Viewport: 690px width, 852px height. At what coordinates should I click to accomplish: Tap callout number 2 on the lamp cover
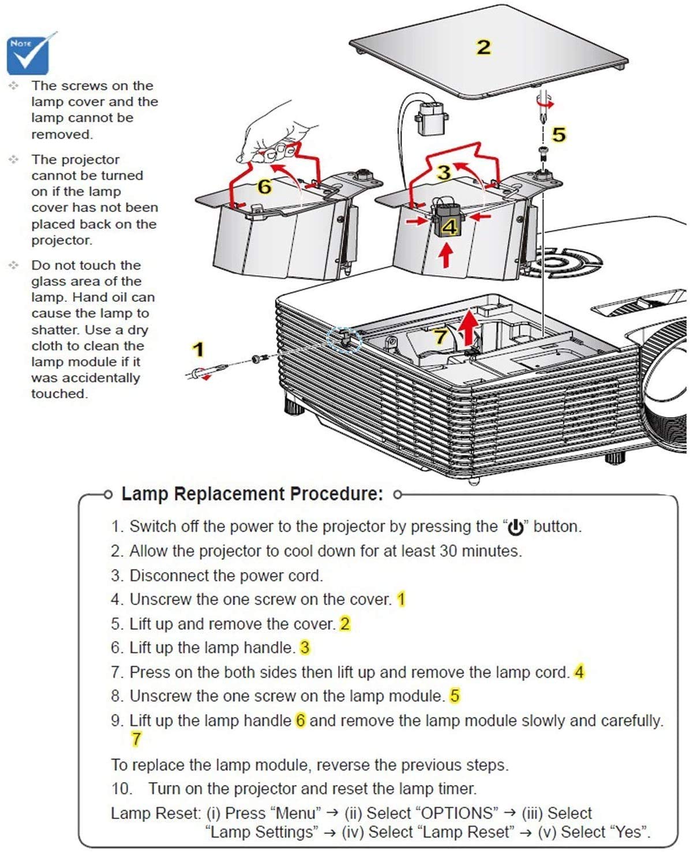(483, 47)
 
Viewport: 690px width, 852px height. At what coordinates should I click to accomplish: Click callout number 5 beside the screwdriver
(558, 134)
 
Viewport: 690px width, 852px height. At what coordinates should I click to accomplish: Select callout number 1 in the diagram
(198, 349)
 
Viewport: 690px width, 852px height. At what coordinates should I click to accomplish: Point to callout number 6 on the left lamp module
(264, 186)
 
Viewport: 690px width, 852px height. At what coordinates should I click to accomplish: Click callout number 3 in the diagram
(443, 172)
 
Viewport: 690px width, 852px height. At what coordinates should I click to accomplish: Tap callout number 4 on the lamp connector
(449, 226)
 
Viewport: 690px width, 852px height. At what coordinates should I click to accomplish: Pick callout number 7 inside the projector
(441, 336)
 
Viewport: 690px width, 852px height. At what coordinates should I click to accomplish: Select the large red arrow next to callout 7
(471, 327)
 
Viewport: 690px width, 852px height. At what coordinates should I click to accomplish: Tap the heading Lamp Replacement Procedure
(252, 494)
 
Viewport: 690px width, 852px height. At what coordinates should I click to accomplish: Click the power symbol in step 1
(515, 527)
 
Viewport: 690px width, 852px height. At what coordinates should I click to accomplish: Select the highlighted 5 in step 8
(455, 696)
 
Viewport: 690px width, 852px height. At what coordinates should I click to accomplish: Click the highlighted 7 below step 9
(136, 739)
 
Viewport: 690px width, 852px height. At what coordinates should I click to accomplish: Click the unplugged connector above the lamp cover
(431, 117)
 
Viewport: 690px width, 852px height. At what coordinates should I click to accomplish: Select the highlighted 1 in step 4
(401, 599)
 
